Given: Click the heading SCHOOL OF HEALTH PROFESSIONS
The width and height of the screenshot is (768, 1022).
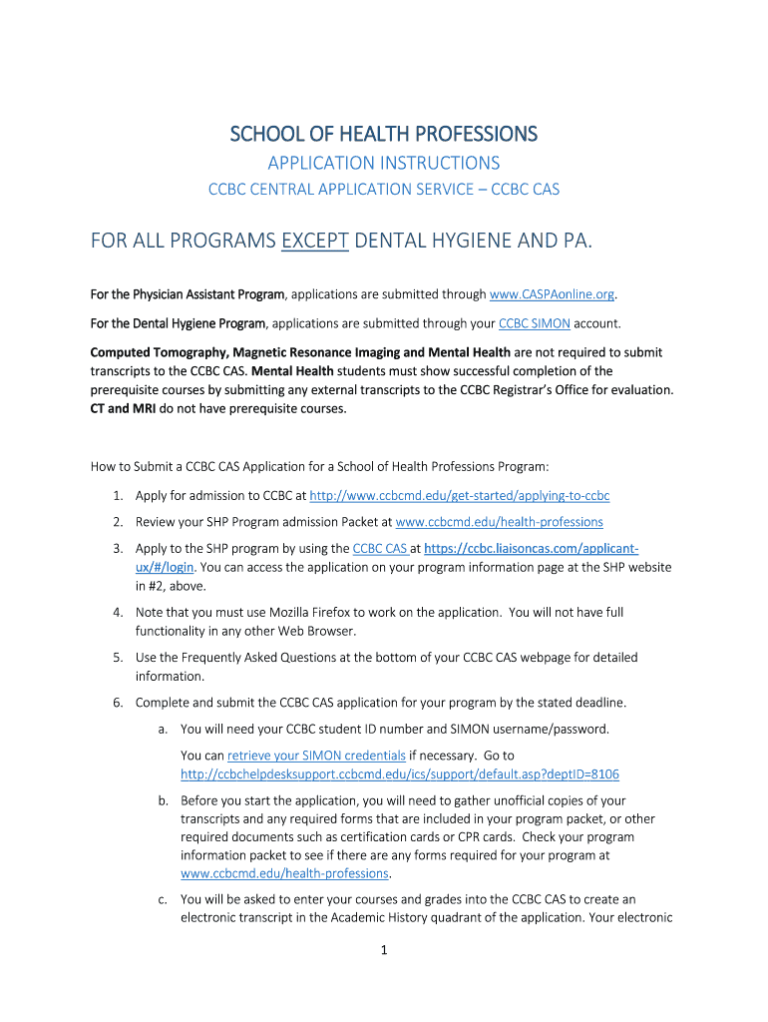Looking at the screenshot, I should pyautogui.click(x=384, y=134).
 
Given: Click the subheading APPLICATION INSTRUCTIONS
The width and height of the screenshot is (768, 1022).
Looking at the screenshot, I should pyautogui.click(x=384, y=163).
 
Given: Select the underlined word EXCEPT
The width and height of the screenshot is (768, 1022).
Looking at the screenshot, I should pyautogui.click(x=315, y=241).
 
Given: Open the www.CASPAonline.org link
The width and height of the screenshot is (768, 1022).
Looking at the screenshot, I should pyautogui.click(x=553, y=294).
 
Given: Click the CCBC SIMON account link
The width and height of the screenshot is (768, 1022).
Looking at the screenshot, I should pyautogui.click(x=535, y=323).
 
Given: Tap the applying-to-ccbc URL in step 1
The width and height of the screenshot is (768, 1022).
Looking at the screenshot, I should pyautogui.click(x=460, y=496).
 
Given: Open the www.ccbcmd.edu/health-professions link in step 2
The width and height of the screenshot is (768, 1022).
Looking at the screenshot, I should pyautogui.click(x=499, y=522).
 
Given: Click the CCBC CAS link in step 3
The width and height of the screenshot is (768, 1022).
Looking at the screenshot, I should pyautogui.click(x=380, y=549).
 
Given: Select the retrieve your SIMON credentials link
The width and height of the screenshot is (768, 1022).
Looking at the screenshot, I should pyautogui.click(x=316, y=756).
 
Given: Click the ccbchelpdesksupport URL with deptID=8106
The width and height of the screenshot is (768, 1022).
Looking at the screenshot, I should pyautogui.click(x=400, y=774).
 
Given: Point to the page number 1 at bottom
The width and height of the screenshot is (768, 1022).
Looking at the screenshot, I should pyautogui.click(x=384, y=950).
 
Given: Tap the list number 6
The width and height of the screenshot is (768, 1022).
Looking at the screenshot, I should pyautogui.click(x=117, y=703).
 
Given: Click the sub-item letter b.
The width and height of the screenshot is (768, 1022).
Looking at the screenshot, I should pyautogui.click(x=163, y=800).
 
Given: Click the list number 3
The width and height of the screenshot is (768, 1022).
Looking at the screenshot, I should pyautogui.click(x=117, y=549).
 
